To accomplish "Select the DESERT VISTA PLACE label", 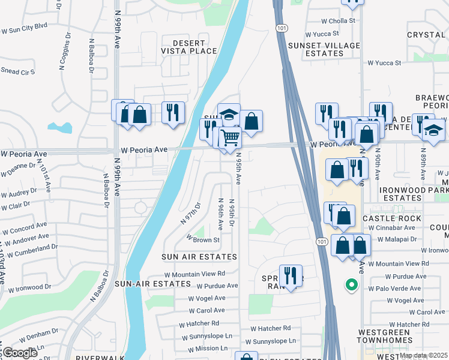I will pyautogui.click(x=194, y=47).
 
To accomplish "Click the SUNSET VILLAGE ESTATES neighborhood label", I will pyautogui.click(x=324, y=49).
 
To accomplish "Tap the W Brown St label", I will pyautogui.click(x=204, y=239).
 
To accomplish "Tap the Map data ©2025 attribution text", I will pyautogui.click(x=424, y=355).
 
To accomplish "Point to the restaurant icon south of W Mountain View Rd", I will pyautogui.click(x=291, y=276).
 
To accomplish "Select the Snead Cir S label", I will pyautogui.click(x=17, y=71).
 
